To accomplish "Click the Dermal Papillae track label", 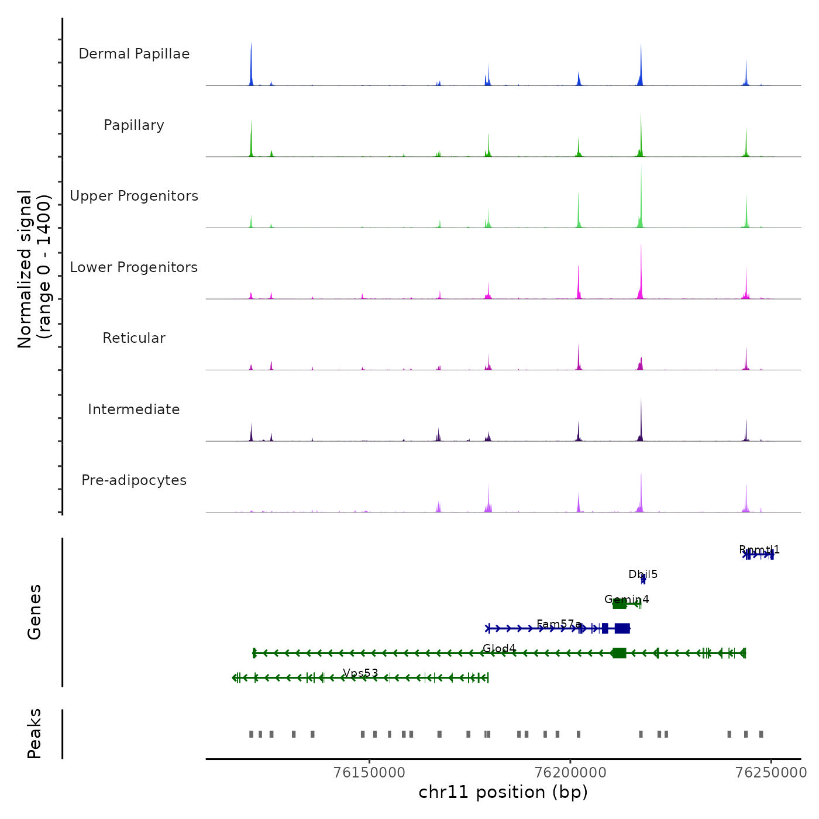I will tap(134, 54).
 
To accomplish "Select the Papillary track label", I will tap(134, 125).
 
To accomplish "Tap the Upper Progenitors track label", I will tap(134, 196).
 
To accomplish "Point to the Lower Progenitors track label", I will tap(134, 267).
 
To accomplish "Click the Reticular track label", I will tap(134, 338).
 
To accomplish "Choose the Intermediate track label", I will tap(134, 409).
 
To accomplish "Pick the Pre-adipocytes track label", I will tap(134, 480).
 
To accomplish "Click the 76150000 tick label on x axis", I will tap(369, 772).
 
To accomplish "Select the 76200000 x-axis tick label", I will tap(570, 772).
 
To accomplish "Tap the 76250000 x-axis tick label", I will tap(771, 772).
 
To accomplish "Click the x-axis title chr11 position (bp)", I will tap(503, 792).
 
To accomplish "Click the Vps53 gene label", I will tap(360, 673).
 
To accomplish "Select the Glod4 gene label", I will tap(499, 648).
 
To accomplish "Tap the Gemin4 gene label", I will tap(627, 599).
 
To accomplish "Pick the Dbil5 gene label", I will tap(643, 574).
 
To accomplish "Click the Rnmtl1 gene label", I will tap(759, 550).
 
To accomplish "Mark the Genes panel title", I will tap(35, 612).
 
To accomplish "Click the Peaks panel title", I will tap(35, 734).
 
